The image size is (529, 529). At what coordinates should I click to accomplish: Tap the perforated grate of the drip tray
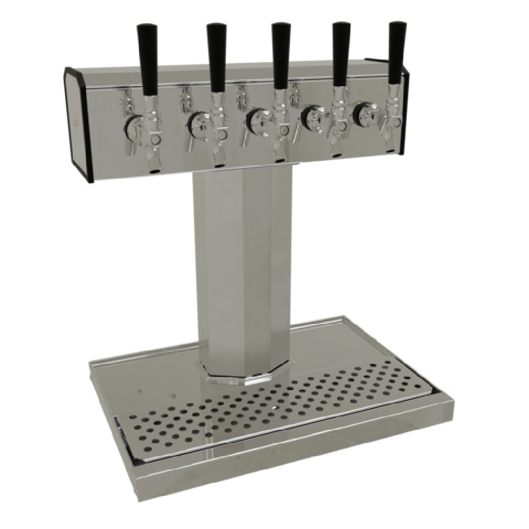coord(264,407)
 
